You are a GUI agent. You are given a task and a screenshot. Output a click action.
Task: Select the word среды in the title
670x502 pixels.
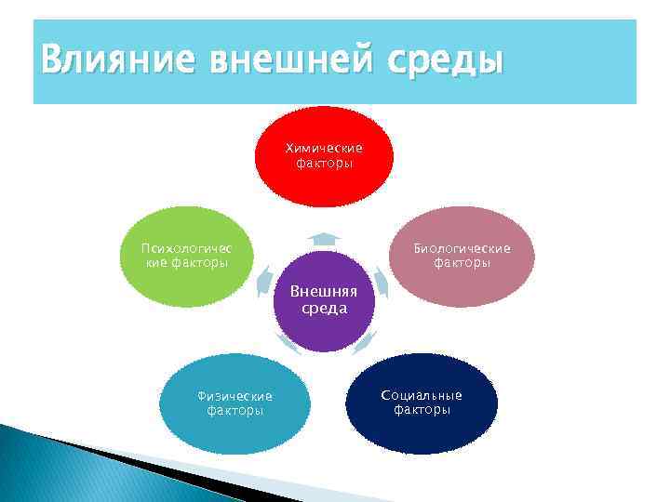445,62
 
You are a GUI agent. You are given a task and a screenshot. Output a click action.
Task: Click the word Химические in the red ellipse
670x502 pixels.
324,149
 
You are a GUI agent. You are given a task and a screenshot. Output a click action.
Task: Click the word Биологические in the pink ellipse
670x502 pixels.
462,249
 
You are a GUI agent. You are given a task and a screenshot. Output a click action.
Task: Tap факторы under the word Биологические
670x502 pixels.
462,263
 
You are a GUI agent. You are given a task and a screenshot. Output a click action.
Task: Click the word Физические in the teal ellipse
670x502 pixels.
234,396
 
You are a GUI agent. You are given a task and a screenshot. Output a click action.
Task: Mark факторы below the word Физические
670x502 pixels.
234,410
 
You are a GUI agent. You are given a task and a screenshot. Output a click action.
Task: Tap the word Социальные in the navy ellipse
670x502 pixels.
422,395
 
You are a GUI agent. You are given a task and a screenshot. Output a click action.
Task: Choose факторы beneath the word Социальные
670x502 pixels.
422,409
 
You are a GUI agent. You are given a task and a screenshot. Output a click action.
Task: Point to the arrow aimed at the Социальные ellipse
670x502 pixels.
365,341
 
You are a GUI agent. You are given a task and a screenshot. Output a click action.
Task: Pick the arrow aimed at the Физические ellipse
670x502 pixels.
288,345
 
